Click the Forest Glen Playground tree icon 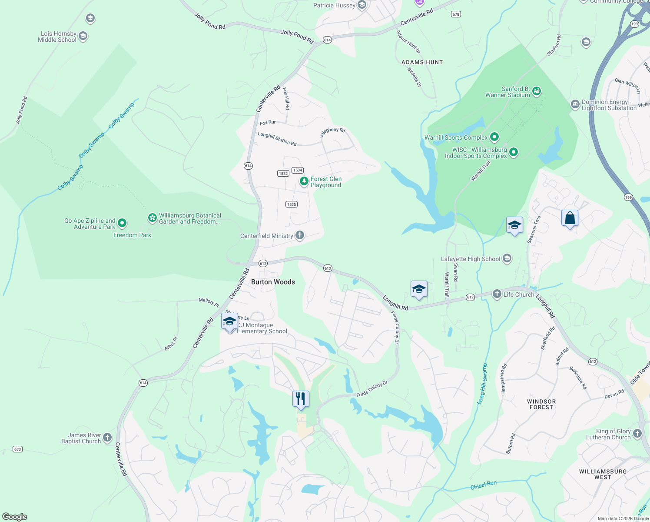click(304, 181)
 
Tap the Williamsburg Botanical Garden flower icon click(152, 217)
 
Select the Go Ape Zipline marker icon click(122, 223)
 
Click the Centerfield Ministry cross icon click(299, 235)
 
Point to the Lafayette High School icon click(507, 259)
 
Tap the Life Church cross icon click(497, 294)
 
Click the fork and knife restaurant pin click(301, 398)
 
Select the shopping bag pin click(570, 218)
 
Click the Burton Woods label click(273, 282)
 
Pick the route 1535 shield click(292, 204)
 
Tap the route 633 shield click(17, 449)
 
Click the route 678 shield click(455, 14)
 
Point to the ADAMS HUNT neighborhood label click(422, 62)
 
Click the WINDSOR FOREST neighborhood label click(541, 404)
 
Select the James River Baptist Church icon click(107, 437)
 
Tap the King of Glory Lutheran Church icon click(637, 433)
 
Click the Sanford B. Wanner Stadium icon click(537, 91)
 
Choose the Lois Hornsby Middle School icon click(83, 36)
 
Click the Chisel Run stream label click(483, 485)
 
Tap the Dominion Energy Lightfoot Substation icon click(575, 104)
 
